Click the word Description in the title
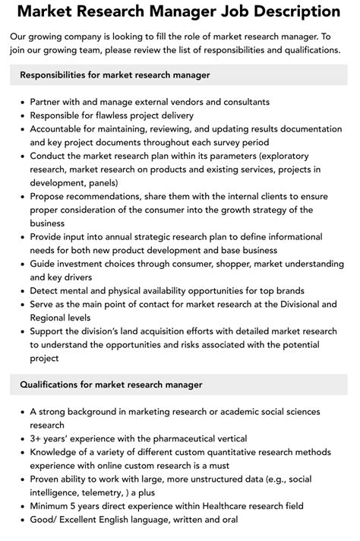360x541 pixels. point(283,12)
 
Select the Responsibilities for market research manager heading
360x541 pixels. point(115,75)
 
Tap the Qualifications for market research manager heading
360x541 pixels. point(111,384)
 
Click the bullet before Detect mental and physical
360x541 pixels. point(21,291)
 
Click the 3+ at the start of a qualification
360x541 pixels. point(37,438)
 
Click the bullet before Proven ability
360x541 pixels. point(21,479)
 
